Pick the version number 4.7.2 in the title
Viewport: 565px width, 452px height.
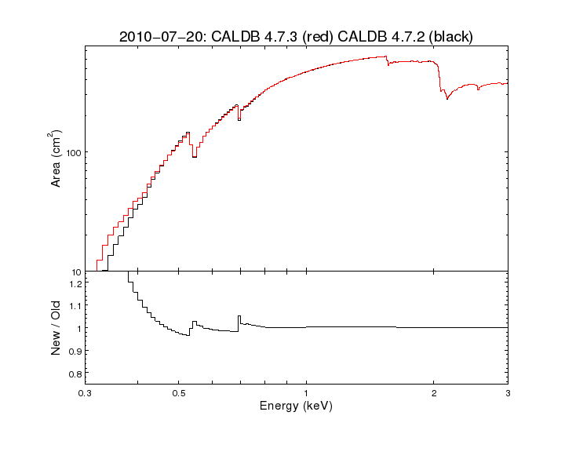tap(409, 37)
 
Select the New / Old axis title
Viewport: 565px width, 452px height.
tap(56, 329)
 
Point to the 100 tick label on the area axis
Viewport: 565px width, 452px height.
tap(71, 152)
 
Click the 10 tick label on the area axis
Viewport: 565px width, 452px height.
tap(74, 272)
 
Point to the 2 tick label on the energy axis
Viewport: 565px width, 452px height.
tap(434, 392)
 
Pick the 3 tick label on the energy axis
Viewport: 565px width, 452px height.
tap(508, 392)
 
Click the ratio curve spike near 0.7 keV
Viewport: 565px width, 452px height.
tap(239, 316)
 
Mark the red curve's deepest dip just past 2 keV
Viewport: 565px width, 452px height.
tap(447, 98)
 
